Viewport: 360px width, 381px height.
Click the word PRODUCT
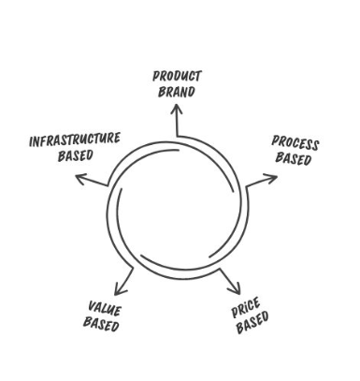(x=178, y=76)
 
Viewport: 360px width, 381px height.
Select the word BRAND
(x=178, y=92)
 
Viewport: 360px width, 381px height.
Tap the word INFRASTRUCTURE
(x=75, y=140)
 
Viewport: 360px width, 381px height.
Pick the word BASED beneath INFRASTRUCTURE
(x=75, y=155)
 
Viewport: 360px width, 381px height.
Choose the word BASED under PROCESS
(x=294, y=159)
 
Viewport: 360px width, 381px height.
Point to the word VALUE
(x=104, y=308)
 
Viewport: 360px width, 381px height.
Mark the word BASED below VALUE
(x=101, y=324)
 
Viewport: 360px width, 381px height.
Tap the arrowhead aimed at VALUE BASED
(x=118, y=289)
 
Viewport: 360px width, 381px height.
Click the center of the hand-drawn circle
(x=174, y=206)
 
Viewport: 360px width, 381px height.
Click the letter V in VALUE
(x=91, y=306)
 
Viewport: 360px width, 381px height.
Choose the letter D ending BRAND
(x=192, y=92)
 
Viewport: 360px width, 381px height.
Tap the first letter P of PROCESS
(x=276, y=139)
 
